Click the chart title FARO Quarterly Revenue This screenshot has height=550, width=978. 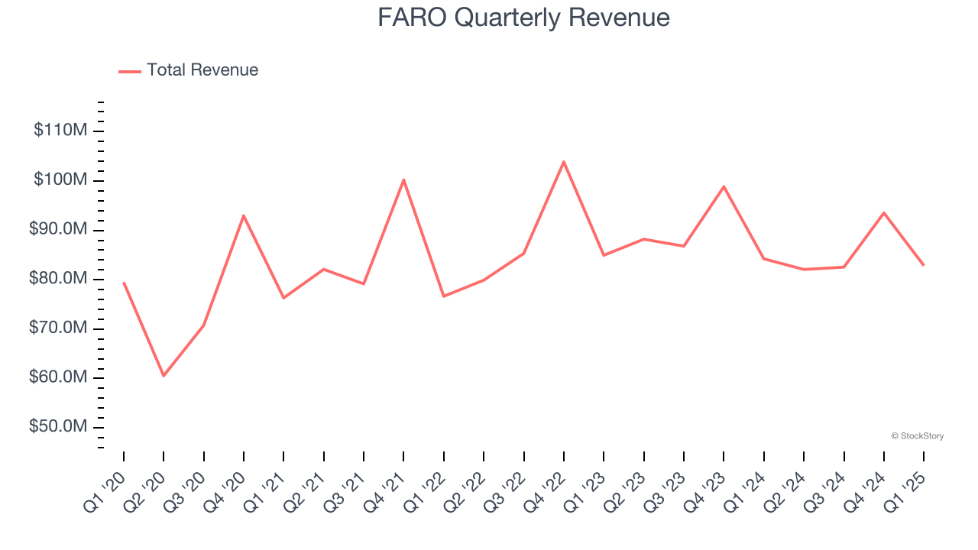point(523,18)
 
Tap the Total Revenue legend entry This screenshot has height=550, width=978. point(202,70)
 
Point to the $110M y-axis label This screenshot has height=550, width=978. point(60,131)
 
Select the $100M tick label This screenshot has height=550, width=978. point(60,180)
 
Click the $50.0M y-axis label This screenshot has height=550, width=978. point(58,426)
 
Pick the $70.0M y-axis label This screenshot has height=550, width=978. point(58,328)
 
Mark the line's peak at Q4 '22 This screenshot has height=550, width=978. point(564,162)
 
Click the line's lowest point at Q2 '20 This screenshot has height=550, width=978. point(164,376)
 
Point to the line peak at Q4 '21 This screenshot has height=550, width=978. point(403,180)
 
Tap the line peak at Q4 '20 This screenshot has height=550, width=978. point(244,215)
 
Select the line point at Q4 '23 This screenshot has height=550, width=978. point(724,186)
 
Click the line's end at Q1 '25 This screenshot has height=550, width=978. point(924,265)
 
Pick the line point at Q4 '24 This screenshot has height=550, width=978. point(884,212)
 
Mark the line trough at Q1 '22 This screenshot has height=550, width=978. point(444,296)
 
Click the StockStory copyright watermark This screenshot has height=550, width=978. point(917,436)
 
